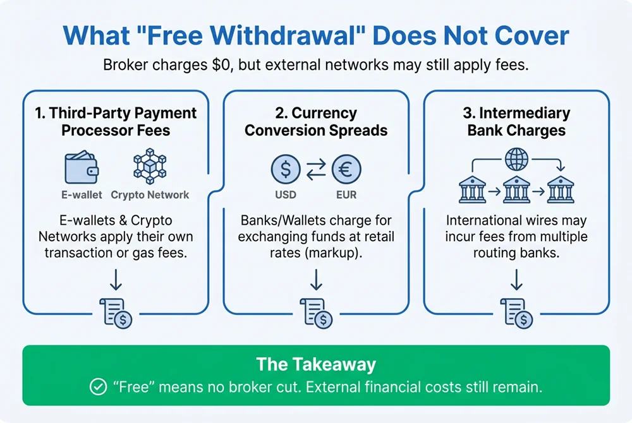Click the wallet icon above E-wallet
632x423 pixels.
[x=82, y=167]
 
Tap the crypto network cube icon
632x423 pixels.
[x=150, y=166]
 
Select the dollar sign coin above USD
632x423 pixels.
[x=286, y=169]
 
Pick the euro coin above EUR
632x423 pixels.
[x=346, y=169]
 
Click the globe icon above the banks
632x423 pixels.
[x=517, y=159]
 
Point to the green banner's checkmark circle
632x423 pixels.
[x=98, y=387]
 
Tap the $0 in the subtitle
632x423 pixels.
[x=222, y=65]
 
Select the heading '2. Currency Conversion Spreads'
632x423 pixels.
[x=316, y=122]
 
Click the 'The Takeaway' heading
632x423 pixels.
[x=316, y=364]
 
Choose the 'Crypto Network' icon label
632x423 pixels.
[x=150, y=195]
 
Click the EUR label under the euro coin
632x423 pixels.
[x=346, y=195]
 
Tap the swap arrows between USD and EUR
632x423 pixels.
[x=316, y=169]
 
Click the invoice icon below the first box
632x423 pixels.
[x=116, y=313]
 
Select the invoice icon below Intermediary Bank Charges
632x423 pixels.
[x=517, y=313]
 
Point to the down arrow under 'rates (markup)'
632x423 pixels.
[x=316, y=280]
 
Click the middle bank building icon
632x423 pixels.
[x=517, y=189]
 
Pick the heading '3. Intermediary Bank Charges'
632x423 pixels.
[x=517, y=122]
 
